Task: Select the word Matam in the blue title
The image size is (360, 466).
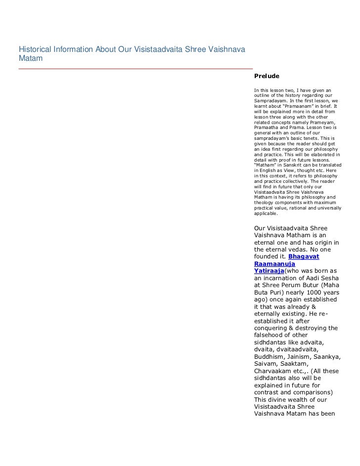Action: pos(30,58)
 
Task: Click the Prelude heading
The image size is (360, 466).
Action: pos(267,77)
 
